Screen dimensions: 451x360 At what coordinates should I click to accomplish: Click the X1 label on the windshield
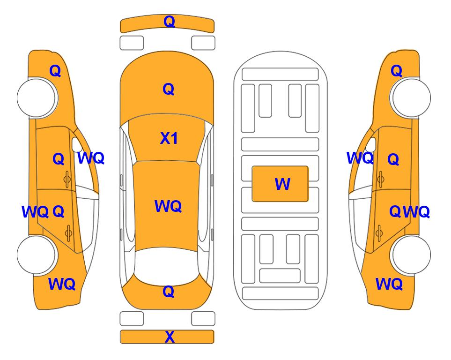(169, 138)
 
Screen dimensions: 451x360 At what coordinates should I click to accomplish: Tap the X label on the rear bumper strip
(170, 337)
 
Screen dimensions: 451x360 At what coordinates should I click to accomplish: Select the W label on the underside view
(282, 184)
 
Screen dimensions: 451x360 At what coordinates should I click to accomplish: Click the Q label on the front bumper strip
(169, 22)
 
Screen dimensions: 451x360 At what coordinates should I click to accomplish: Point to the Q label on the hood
(169, 89)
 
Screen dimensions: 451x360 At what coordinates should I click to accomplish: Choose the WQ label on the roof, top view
(168, 206)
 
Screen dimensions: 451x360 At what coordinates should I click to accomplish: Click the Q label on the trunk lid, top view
(169, 292)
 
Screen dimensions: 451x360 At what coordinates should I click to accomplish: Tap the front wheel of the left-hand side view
(37, 97)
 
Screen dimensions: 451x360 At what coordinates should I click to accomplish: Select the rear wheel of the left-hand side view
(37, 255)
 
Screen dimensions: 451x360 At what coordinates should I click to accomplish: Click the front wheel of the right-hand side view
(410, 97)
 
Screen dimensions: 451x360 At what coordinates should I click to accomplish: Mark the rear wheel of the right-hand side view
(410, 255)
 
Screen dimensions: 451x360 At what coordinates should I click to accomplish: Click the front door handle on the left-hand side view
(67, 179)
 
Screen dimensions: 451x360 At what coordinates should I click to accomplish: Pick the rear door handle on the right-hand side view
(379, 233)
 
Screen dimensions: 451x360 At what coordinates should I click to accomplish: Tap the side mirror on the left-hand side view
(76, 144)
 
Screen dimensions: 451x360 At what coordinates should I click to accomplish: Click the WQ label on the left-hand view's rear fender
(62, 284)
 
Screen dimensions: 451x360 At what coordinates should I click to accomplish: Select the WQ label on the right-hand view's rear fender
(389, 284)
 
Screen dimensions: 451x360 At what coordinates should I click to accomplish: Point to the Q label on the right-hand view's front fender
(396, 71)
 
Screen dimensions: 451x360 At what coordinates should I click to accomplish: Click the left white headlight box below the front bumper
(132, 43)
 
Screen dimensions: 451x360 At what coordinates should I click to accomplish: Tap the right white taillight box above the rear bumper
(203, 319)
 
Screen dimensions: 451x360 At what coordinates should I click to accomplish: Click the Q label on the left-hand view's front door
(59, 159)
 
